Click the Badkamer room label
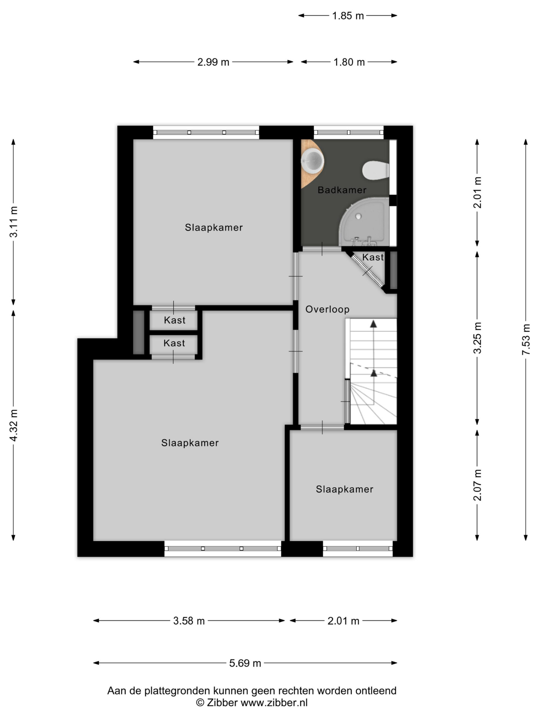(x=342, y=190)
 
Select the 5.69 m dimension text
(x=245, y=663)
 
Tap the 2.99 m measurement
(x=213, y=62)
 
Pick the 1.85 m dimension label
(x=348, y=16)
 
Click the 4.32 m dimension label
(x=13, y=425)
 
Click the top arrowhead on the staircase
(x=374, y=324)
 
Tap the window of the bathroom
(x=349, y=132)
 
